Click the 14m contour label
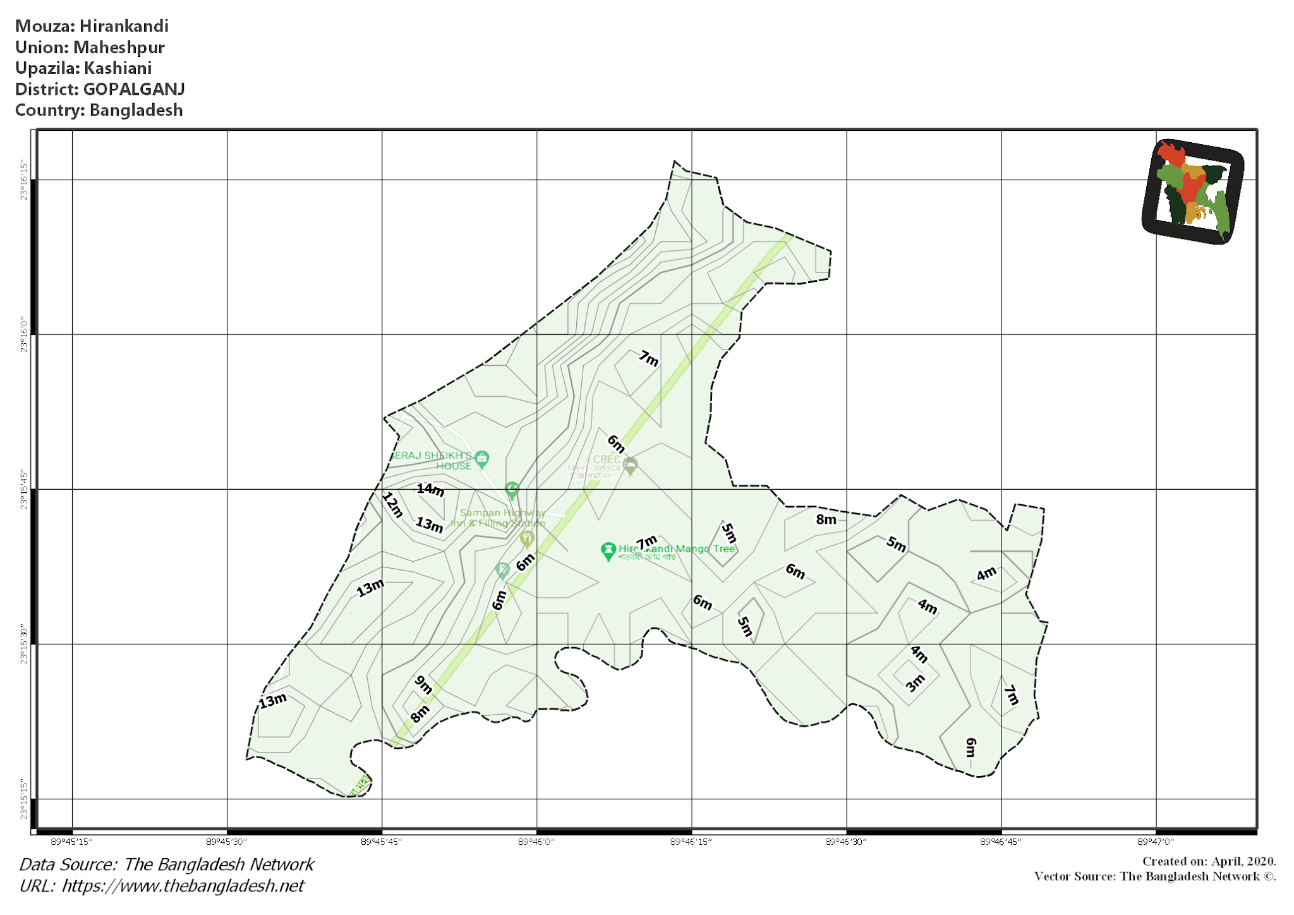pyautogui.click(x=430, y=490)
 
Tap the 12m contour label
pyautogui.click(x=392, y=505)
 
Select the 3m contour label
pyautogui.click(x=915, y=682)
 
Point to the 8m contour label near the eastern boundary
pyautogui.click(x=826, y=520)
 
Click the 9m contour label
pyautogui.click(x=423, y=684)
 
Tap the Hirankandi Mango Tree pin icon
pyautogui.click(x=608, y=550)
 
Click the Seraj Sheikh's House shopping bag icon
pyautogui.click(x=482, y=459)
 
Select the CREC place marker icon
pyautogui.click(x=630, y=466)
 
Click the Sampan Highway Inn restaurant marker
pyautogui.click(x=527, y=538)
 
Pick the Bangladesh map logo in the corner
pyautogui.click(x=1193, y=191)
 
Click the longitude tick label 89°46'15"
pyautogui.click(x=691, y=842)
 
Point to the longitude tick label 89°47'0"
pyautogui.click(x=1156, y=842)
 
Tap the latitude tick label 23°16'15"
pyautogui.click(x=25, y=180)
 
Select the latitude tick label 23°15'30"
pyautogui.click(x=25, y=645)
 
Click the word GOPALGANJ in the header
pyautogui.click(x=134, y=89)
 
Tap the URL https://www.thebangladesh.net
pyautogui.click(x=183, y=886)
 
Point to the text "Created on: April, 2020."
pyautogui.click(x=1209, y=861)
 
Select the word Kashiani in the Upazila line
pyautogui.click(x=118, y=68)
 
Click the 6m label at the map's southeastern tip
pyautogui.click(x=971, y=748)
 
